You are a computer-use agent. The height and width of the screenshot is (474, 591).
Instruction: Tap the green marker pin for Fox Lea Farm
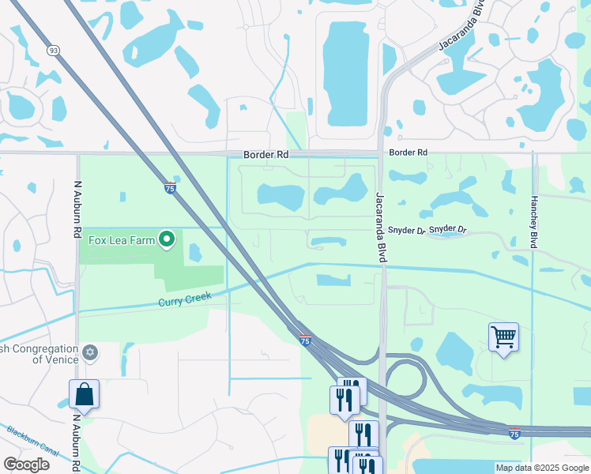(x=167, y=239)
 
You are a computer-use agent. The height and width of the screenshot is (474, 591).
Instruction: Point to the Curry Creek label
(x=186, y=302)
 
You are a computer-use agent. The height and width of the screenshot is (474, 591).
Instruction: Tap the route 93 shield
(x=54, y=50)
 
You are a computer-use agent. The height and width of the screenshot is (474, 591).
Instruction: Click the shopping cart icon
(x=503, y=337)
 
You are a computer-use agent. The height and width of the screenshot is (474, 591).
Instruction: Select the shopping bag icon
(x=84, y=395)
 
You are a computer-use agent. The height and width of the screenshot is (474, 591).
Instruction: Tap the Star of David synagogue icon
(x=89, y=352)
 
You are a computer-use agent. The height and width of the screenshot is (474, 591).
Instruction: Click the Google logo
(x=26, y=464)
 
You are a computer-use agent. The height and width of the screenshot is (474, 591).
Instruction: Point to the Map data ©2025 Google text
(x=541, y=468)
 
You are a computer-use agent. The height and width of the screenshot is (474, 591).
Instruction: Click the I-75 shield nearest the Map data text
(x=514, y=434)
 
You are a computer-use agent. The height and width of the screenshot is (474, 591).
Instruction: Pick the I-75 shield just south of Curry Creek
(x=306, y=340)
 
